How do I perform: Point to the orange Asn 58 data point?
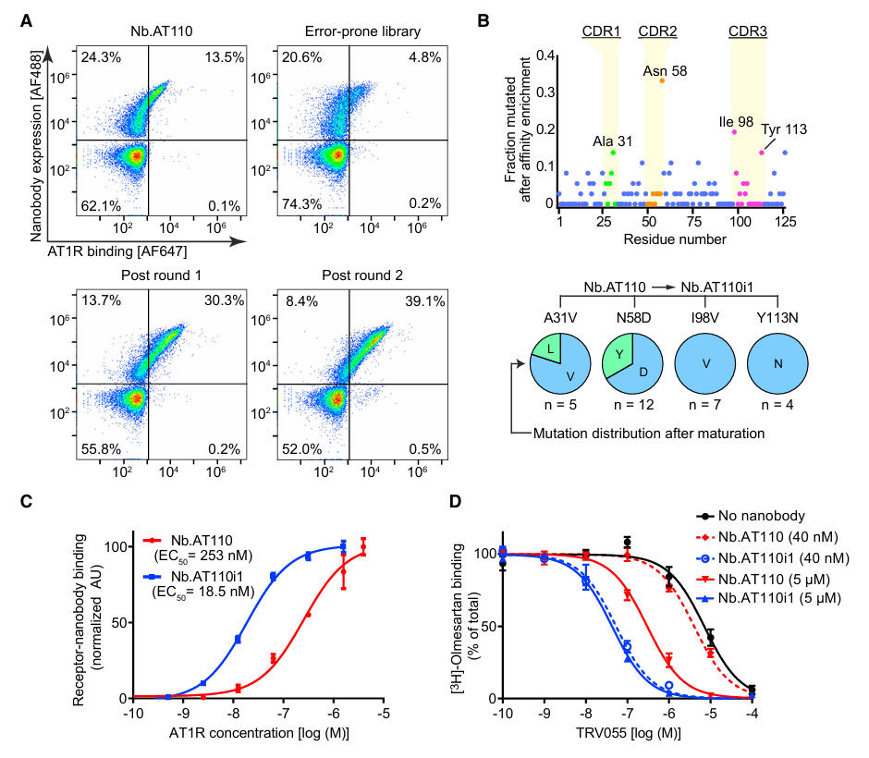pos(661,80)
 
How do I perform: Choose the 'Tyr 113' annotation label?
pos(784,128)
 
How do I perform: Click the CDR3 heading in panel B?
pos(746,32)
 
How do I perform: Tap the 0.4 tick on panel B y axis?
pos(546,55)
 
